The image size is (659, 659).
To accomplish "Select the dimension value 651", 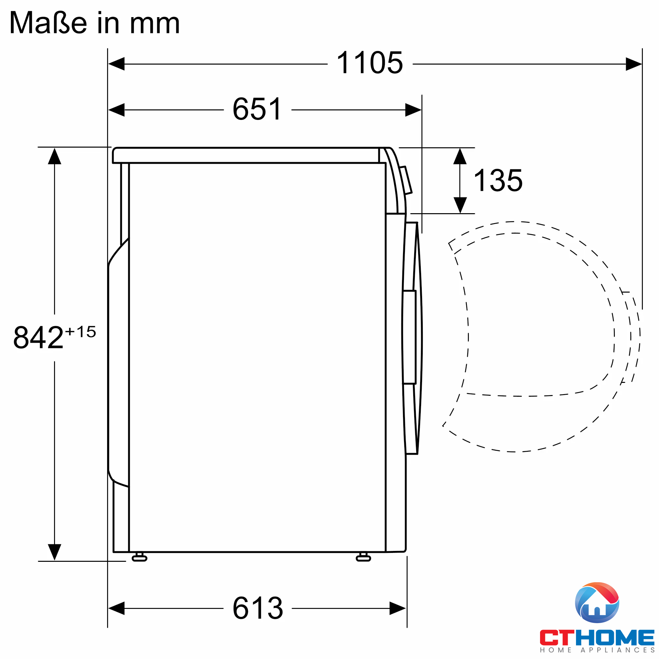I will pyautogui.click(x=257, y=109).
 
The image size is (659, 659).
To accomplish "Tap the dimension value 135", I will pyautogui.click(x=498, y=181).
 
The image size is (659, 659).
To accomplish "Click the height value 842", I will pyautogui.click(x=39, y=338).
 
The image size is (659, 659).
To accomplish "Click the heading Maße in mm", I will pyautogui.click(x=95, y=23).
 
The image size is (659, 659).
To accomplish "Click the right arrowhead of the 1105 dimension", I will pyautogui.click(x=634, y=64).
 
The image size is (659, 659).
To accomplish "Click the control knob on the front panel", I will pyautogui.click(x=406, y=180).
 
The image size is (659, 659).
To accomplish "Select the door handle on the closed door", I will pyautogui.click(x=409, y=337).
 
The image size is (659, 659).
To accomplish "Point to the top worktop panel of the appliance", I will pyautogui.click(x=245, y=156).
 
